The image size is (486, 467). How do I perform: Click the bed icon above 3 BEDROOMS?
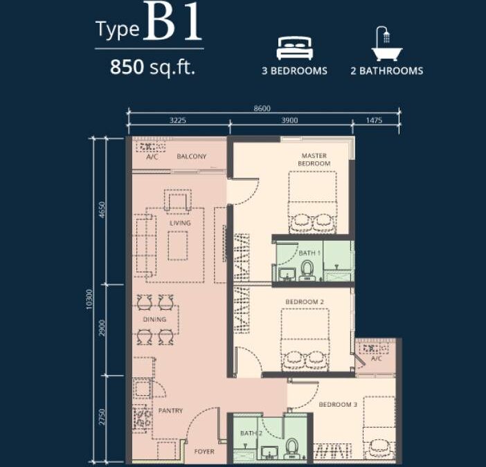[296, 48]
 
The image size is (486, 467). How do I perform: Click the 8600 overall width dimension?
[262, 108]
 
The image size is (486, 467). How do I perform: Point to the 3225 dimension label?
[178, 121]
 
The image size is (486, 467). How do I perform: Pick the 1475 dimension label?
[373, 121]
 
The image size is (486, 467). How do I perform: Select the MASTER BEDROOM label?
[314, 160]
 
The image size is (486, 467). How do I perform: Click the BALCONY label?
[191, 156]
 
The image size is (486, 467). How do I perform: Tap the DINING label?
[154, 320]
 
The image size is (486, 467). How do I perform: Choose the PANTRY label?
[170, 411]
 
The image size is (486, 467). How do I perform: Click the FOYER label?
[204, 452]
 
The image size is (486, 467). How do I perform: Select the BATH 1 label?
[309, 253]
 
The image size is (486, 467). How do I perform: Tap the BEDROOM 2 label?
[305, 302]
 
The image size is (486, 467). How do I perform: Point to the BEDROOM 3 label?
[338, 405]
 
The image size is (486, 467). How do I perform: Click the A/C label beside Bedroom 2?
[376, 358]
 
